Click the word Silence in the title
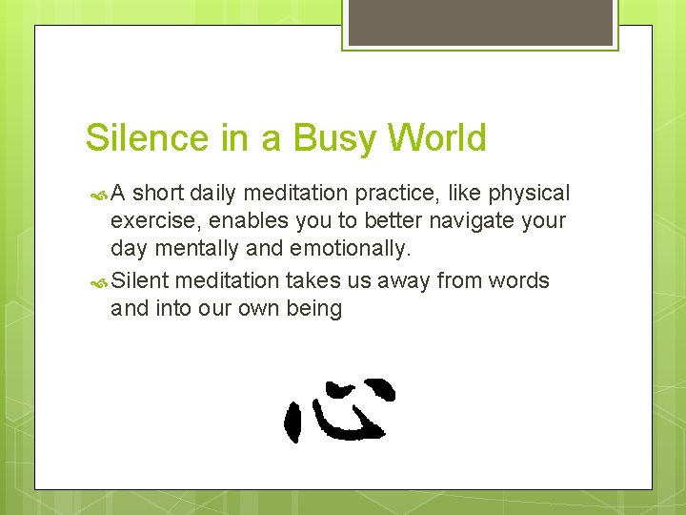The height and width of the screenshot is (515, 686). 147,138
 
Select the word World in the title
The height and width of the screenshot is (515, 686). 436,138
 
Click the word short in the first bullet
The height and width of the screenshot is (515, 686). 157,194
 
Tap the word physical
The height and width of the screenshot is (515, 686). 529,194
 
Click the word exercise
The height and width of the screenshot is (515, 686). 151,221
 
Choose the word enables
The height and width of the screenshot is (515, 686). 240,221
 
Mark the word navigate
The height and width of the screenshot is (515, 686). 461,221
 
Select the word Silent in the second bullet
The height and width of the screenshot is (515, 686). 141,280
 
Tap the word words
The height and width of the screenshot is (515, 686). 518,280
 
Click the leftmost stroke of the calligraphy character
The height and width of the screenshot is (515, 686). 293,421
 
